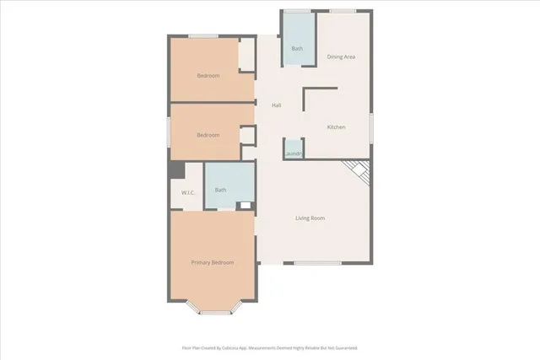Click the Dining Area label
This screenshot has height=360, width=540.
click(x=341, y=56)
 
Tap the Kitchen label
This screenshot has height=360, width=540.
click(x=337, y=127)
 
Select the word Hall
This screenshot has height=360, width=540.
click(x=276, y=105)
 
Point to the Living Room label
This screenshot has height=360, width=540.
click(x=310, y=218)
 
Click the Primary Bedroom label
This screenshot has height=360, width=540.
click(x=212, y=262)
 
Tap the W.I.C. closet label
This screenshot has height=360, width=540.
click(x=188, y=193)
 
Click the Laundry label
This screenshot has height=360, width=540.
click(x=293, y=153)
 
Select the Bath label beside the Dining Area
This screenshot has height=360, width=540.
click(x=297, y=49)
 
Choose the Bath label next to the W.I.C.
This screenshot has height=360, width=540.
click(x=220, y=190)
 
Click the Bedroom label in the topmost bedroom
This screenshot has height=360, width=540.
click(x=208, y=76)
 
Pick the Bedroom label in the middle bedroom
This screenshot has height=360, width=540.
click(x=208, y=135)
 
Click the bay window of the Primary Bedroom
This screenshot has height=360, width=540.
click(x=214, y=312)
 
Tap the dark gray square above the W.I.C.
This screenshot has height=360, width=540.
click(x=176, y=169)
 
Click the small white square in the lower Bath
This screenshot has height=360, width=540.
click(x=245, y=205)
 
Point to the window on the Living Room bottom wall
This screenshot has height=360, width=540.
click(x=317, y=263)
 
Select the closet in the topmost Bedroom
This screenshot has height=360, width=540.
click(x=246, y=55)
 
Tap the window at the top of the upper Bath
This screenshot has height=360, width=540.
click(x=296, y=11)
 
